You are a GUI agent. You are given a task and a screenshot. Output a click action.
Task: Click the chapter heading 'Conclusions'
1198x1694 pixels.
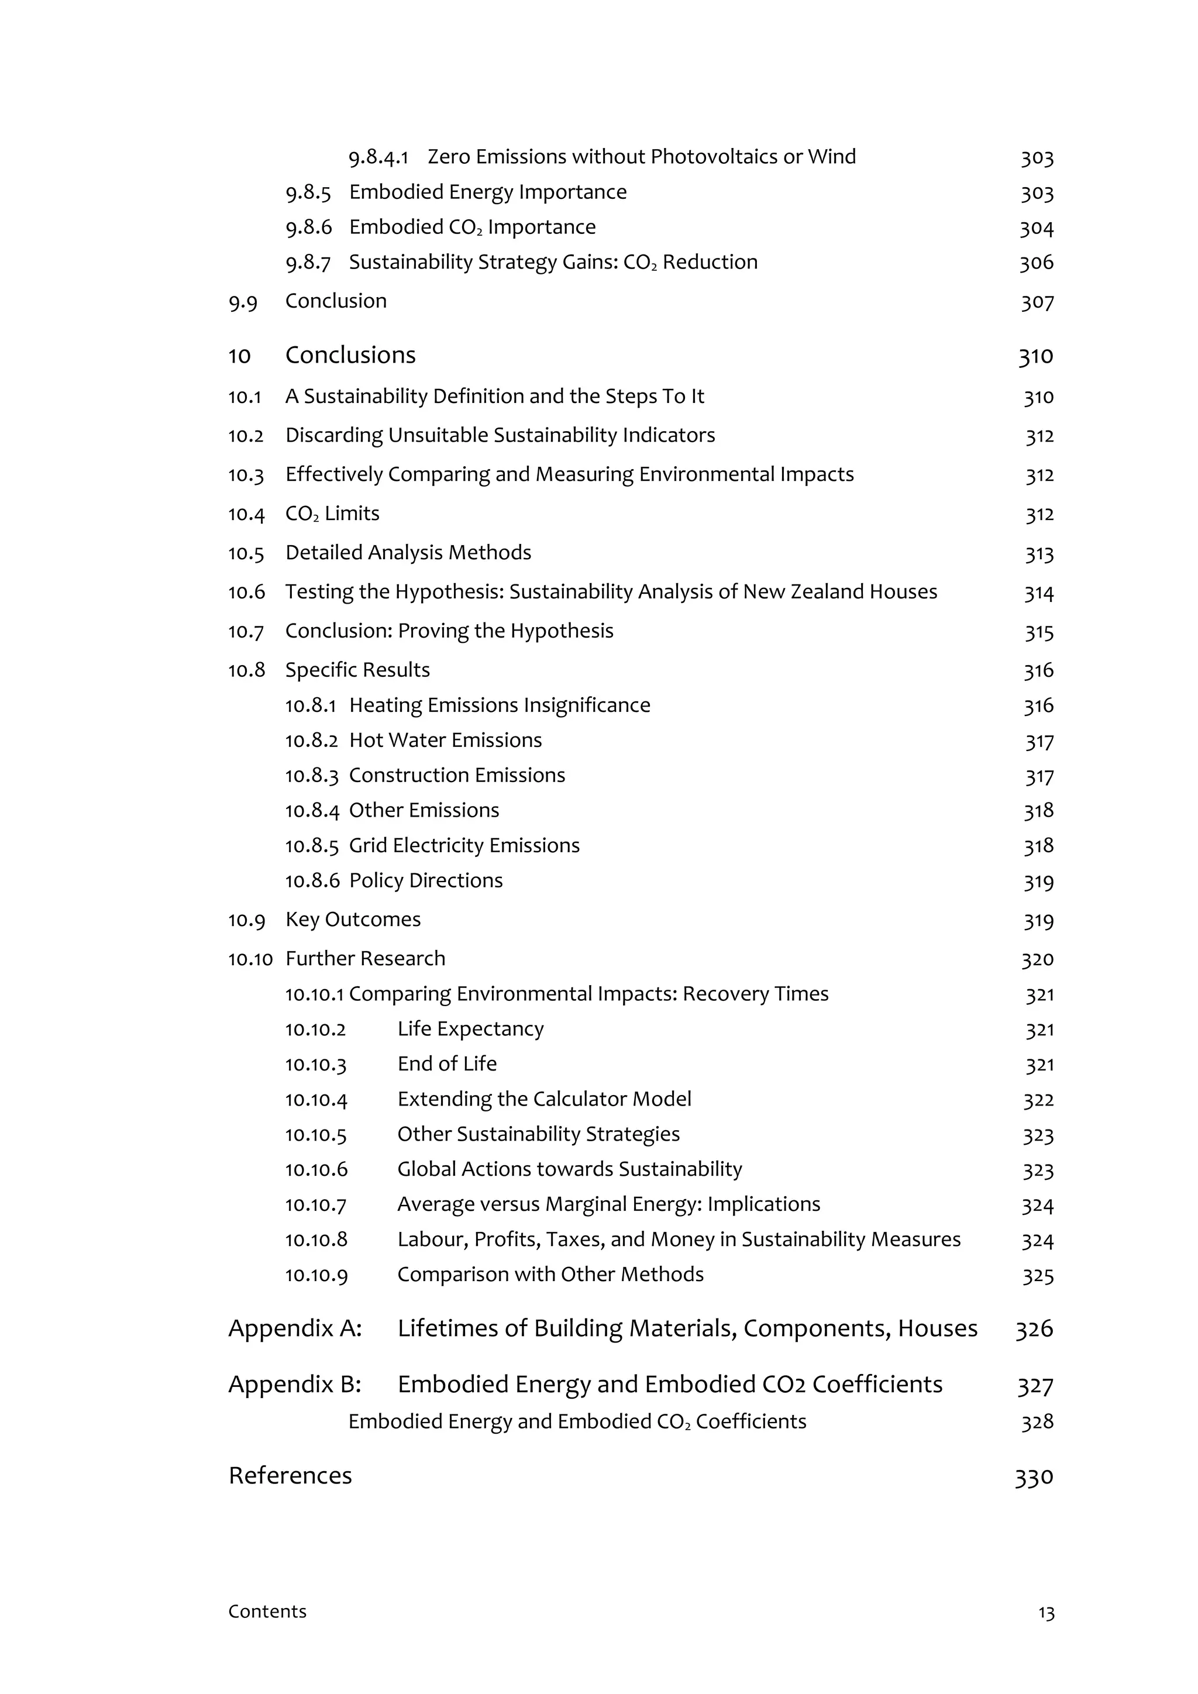pyautogui.click(x=350, y=355)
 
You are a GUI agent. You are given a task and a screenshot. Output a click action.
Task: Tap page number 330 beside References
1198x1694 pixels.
pyautogui.click(x=1034, y=1477)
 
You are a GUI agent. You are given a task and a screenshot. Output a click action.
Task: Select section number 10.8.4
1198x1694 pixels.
pyautogui.click(x=312, y=810)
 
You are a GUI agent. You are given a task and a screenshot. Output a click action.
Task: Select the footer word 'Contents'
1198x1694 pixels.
pyautogui.click(x=267, y=1612)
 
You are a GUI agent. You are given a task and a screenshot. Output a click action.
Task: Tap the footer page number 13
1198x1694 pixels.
pyautogui.click(x=1046, y=1613)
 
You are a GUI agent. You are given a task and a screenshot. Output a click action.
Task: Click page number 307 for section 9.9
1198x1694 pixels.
pyautogui.click(x=1037, y=302)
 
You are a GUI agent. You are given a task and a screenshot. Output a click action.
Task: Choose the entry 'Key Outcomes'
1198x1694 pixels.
pyautogui.click(x=353, y=920)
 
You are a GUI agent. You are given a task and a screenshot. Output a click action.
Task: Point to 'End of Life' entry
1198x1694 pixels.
pyautogui.click(x=447, y=1064)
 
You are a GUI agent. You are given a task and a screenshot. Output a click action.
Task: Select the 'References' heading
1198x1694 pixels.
pyautogui.click(x=290, y=1476)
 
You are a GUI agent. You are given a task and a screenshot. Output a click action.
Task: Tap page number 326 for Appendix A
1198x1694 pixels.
pyautogui.click(x=1034, y=1329)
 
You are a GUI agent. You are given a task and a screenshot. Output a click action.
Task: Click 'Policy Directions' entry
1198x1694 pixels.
pyautogui.click(x=426, y=880)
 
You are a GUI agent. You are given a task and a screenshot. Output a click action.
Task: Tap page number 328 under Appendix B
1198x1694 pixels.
pyautogui.click(x=1037, y=1422)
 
